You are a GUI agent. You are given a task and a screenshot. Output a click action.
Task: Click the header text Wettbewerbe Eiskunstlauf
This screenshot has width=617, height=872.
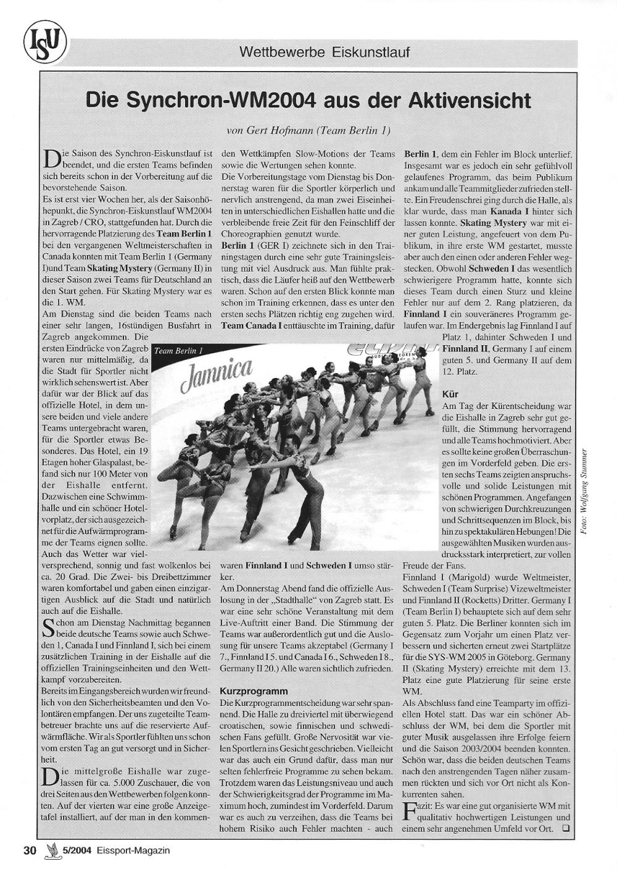click(x=325, y=52)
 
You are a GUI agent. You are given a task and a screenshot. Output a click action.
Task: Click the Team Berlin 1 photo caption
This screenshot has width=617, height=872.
click(x=178, y=351)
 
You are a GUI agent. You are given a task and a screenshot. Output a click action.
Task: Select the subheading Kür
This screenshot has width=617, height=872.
click(x=450, y=393)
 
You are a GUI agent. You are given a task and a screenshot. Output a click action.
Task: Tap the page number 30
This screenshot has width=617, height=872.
click(x=30, y=850)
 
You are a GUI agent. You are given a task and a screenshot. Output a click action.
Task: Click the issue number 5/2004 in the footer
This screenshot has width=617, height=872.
click(x=77, y=850)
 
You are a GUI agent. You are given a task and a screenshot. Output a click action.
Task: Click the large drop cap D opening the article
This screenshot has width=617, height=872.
click(x=52, y=159)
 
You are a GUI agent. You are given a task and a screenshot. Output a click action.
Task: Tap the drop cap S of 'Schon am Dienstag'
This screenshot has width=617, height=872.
click(x=49, y=630)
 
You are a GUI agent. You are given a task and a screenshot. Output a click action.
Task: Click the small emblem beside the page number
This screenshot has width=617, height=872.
click(x=51, y=850)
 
